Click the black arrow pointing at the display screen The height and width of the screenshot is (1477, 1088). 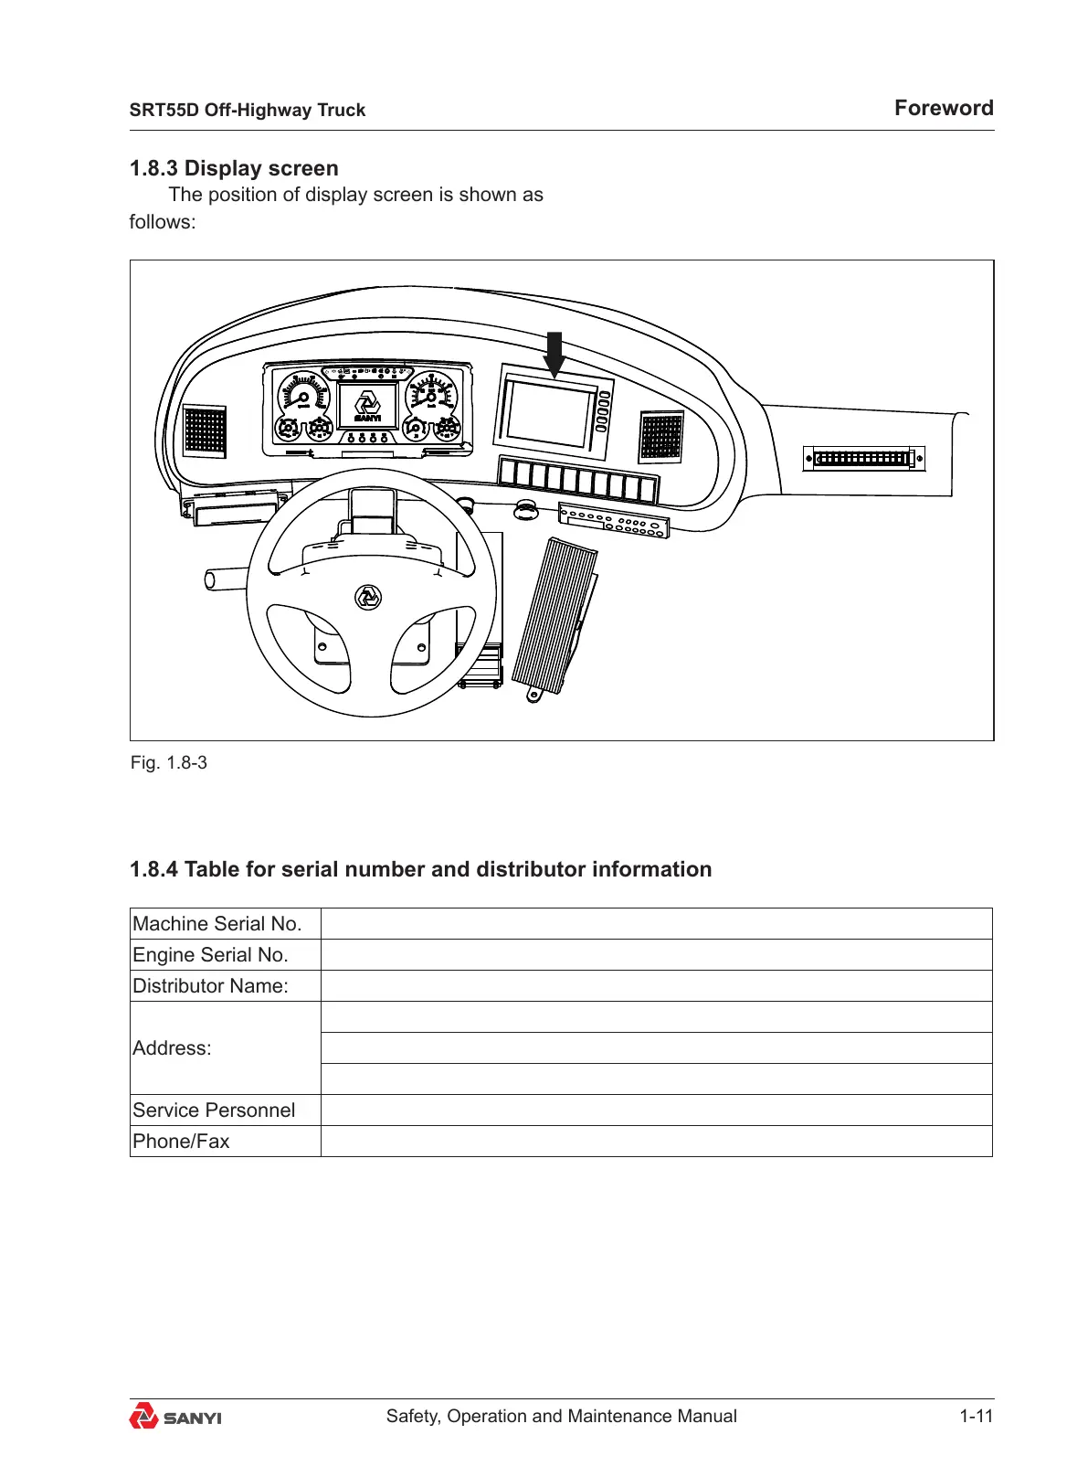click(554, 354)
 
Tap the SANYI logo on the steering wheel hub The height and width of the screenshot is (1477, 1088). click(368, 597)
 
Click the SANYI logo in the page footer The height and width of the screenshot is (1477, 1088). click(175, 1417)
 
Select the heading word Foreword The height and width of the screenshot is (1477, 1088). click(943, 108)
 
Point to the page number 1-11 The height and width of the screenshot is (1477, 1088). click(976, 1416)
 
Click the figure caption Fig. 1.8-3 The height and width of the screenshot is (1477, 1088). click(169, 762)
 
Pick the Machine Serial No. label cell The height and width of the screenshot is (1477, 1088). click(225, 924)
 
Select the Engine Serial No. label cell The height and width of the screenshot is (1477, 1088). click(225, 955)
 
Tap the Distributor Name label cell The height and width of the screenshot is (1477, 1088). click(225, 986)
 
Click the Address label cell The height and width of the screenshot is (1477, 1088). click(225, 1048)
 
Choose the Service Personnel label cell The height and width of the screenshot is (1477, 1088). click(225, 1110)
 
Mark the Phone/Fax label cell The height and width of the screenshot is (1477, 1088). click(225, 1142)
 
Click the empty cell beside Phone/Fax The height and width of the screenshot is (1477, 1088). click(656, 1142)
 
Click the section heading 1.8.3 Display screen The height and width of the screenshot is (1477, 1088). click(234, 168)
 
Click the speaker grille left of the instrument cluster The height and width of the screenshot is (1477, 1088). click(205, 430)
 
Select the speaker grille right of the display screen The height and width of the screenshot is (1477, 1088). click(660, 436)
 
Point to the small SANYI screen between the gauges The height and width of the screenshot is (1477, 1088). click(367, 405)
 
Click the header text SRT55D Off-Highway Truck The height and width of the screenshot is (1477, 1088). click(247, 110)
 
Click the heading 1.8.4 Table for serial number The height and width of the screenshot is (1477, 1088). click(420, 869)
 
